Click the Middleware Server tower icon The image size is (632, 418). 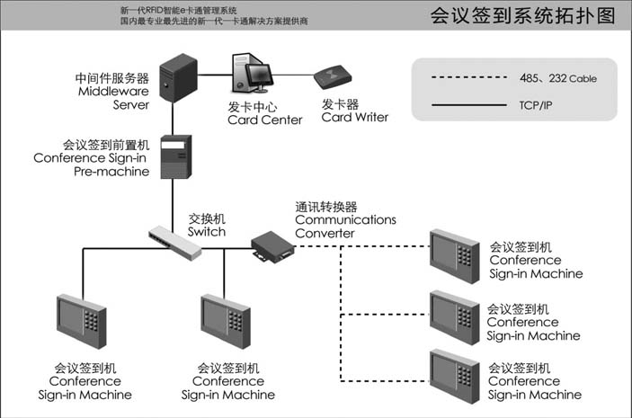point(179,80)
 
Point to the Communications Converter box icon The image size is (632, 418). point(271,246)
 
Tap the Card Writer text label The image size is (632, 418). point(355,117)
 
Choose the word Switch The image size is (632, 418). point(206,232)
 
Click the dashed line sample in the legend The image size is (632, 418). point(467,78)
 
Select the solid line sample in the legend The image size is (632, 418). point(467,104)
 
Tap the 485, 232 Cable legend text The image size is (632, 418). point(557,78)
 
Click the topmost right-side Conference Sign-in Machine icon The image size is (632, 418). point(454,254)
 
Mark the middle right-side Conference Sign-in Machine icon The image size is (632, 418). point(454,315)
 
